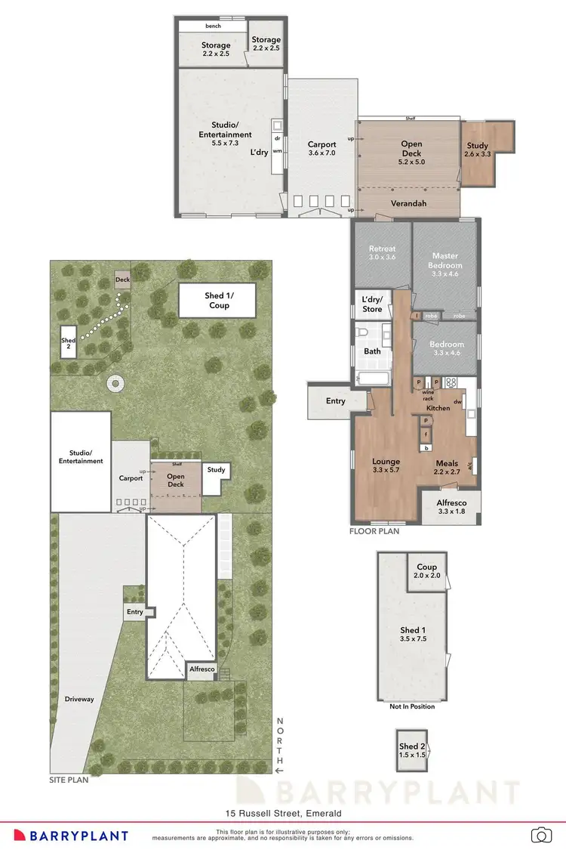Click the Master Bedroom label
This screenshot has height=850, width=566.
coord(445,265)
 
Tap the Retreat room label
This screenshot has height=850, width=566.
coord(383,253)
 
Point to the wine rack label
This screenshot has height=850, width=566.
coord(428,394)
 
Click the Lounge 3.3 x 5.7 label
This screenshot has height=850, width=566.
coord(386,466)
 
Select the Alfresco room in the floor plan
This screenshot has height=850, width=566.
coord(452,507)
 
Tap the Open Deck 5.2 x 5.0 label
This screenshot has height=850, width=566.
coord(411,149)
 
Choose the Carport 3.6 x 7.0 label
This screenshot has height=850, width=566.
coord(321,149)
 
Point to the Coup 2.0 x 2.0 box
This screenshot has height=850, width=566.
coord(426,570)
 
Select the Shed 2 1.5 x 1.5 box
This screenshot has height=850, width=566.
coord(413,750)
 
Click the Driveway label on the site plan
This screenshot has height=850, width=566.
coord(79,699)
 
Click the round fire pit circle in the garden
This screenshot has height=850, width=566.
coord(115,385)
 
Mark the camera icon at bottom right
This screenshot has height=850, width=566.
coord(540,834)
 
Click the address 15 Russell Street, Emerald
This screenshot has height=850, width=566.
coord(283,813)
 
